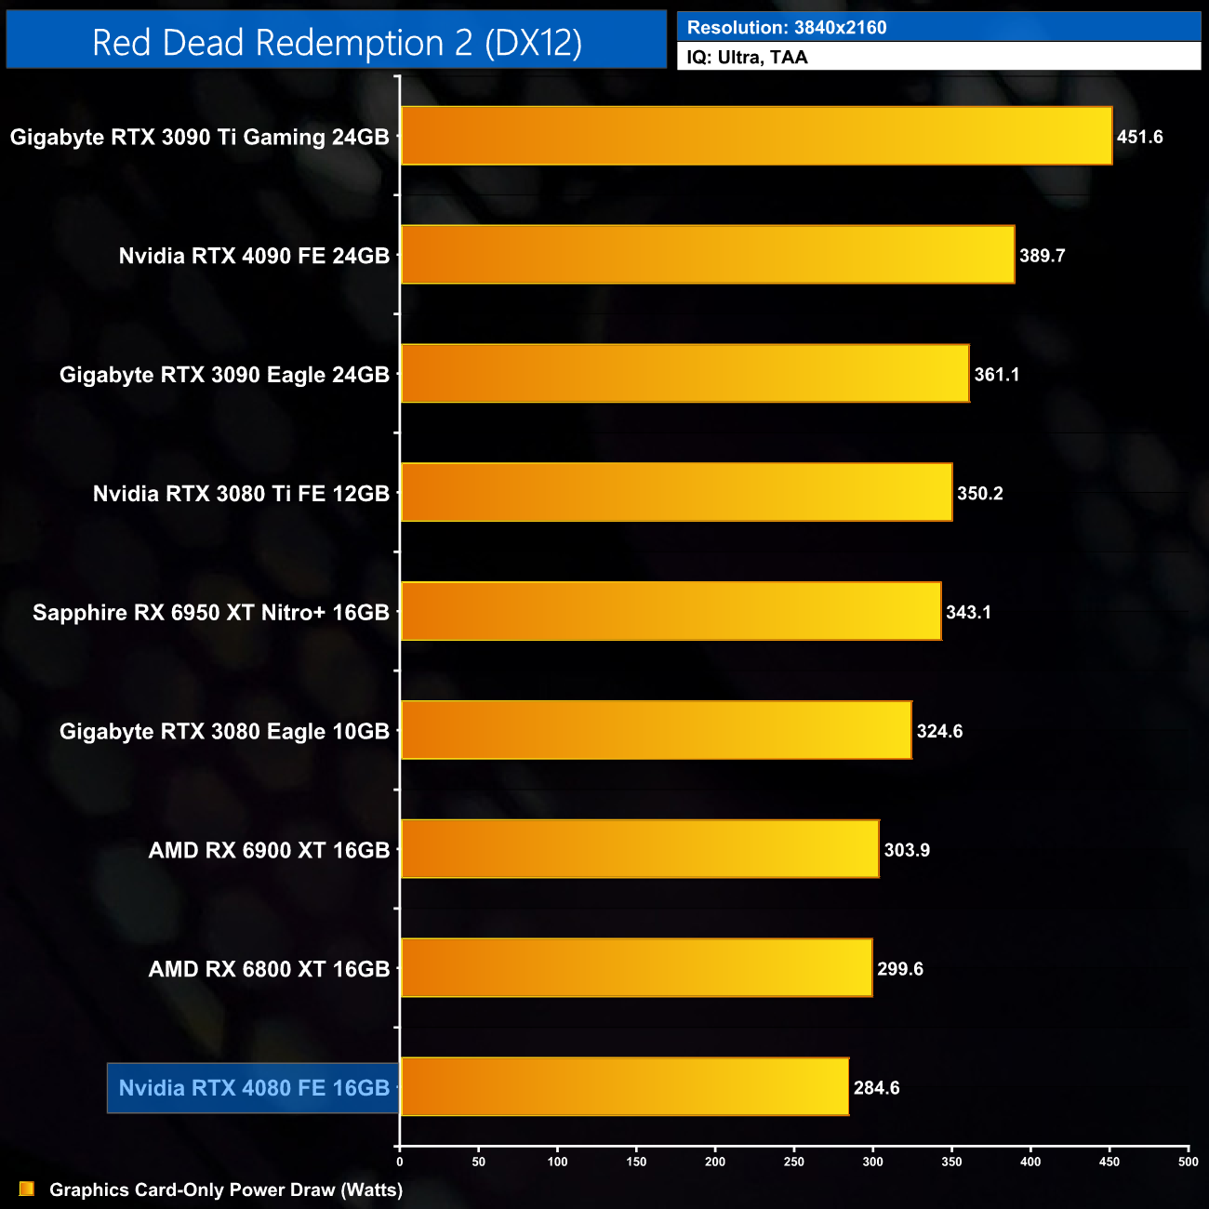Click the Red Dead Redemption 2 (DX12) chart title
point(337,43)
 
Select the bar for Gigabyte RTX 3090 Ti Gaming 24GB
point(756,136)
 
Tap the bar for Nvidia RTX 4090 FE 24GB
point(707,255)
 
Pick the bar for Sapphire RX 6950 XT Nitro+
point(671,611)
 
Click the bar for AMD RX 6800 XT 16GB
point(636,967)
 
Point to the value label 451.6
point(1139,137)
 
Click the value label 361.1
point(996,375)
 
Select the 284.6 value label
point(876,1088)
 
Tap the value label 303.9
point(907,850)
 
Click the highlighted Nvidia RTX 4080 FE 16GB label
point(254,1088)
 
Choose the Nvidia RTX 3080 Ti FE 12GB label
point(241,494)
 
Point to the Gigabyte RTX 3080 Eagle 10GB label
point(224,732)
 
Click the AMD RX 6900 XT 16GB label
point(269,850)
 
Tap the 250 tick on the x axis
point(794,1162)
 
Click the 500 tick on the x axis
point(1188,1162)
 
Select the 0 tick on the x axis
point(400,1162)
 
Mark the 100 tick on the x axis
point(557,1162)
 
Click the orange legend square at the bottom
point(27,1189)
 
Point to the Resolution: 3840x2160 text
point(787,28)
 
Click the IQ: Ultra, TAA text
point(747,58)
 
